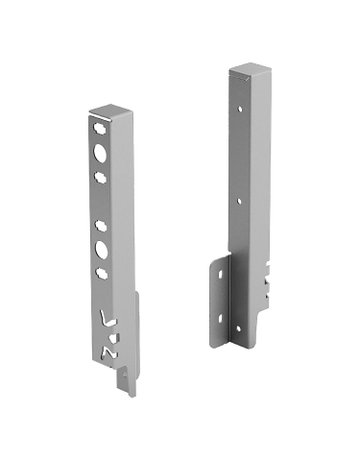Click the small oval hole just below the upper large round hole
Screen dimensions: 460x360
pos(102,175)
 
